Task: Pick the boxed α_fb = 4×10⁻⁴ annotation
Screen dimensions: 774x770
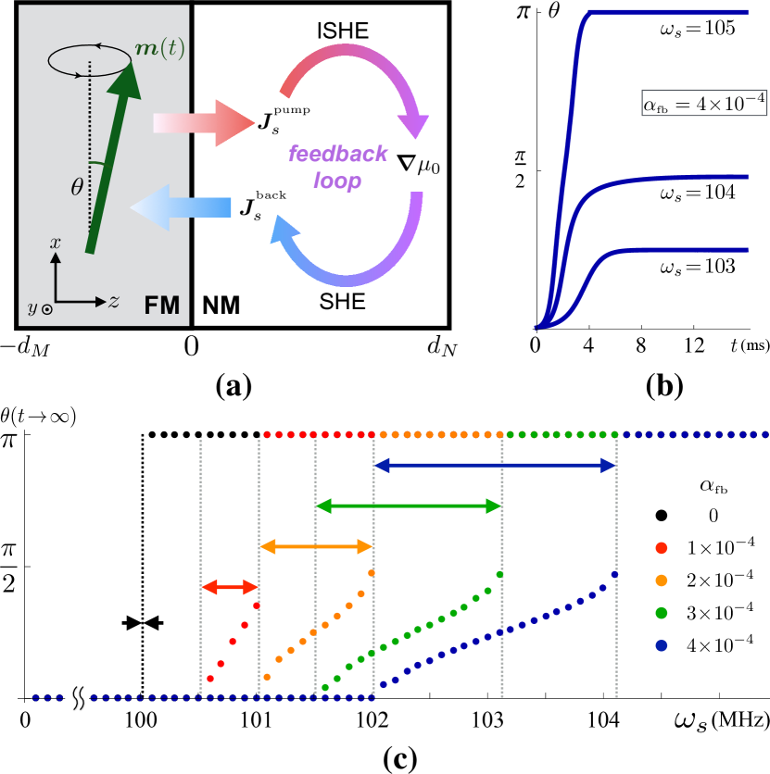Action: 703,104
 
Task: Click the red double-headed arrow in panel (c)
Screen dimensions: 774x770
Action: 230,586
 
